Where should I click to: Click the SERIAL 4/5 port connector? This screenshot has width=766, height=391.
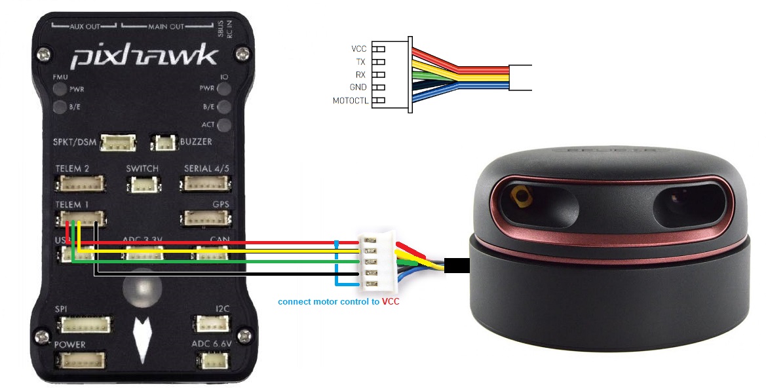[206, 184]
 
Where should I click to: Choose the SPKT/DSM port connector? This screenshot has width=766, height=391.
[121, 142]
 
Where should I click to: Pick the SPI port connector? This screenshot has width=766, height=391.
[85, 324]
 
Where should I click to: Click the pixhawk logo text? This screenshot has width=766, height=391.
[144, 58]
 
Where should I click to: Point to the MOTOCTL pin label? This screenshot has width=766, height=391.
[350, 100]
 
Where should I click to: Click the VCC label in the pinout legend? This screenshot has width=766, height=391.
[359, 48]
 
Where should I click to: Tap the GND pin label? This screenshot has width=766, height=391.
[358, 87]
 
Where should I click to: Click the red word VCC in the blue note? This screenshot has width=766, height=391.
[391, 302]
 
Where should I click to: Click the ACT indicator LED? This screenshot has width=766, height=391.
[224, 125]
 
